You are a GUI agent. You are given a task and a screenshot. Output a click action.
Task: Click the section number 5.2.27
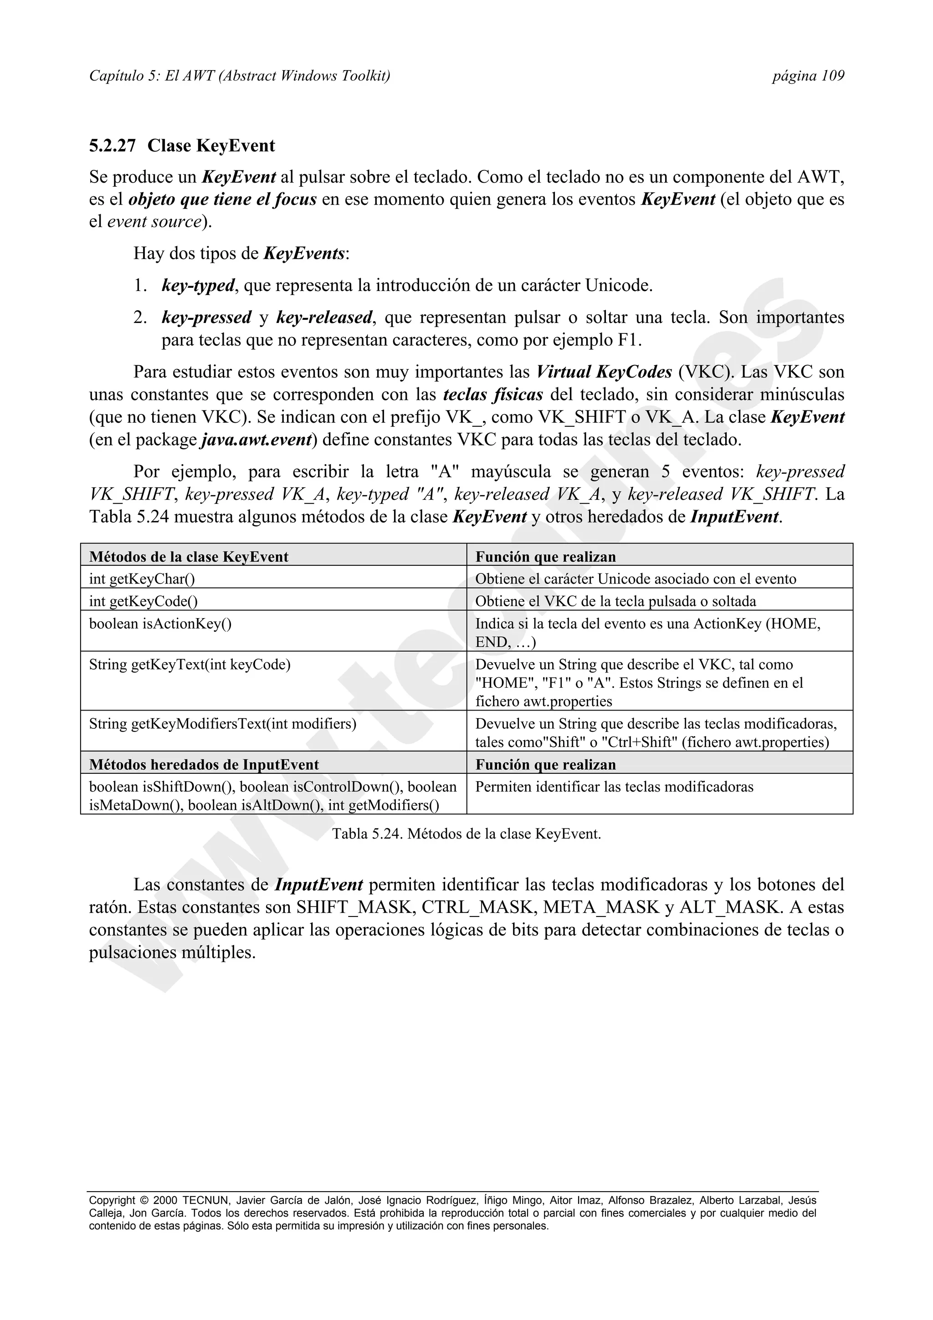point(112,146)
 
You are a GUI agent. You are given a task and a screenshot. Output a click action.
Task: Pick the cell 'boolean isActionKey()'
point(160,624)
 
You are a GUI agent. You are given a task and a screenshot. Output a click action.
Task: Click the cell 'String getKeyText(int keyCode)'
point(190,665)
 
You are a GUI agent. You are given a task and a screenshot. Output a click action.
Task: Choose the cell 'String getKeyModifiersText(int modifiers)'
point(222,724)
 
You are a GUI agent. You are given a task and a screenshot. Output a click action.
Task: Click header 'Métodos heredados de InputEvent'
point(204,765)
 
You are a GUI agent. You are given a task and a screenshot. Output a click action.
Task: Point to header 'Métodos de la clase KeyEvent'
point(189,557)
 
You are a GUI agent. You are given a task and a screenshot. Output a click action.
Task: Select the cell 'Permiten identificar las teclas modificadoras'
point(614,787)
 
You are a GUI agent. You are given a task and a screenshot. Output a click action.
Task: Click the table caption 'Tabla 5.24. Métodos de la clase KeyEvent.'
point(466,834)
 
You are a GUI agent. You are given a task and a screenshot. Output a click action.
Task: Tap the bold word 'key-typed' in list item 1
point(198,286)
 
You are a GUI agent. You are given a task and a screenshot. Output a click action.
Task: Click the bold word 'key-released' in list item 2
point(324,317)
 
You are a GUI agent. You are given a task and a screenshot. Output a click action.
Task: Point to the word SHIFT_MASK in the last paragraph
point(356,907)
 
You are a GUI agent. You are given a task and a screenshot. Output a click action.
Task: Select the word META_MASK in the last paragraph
point(601,907)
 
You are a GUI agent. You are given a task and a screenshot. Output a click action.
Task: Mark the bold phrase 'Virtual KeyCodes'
point(604,372)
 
